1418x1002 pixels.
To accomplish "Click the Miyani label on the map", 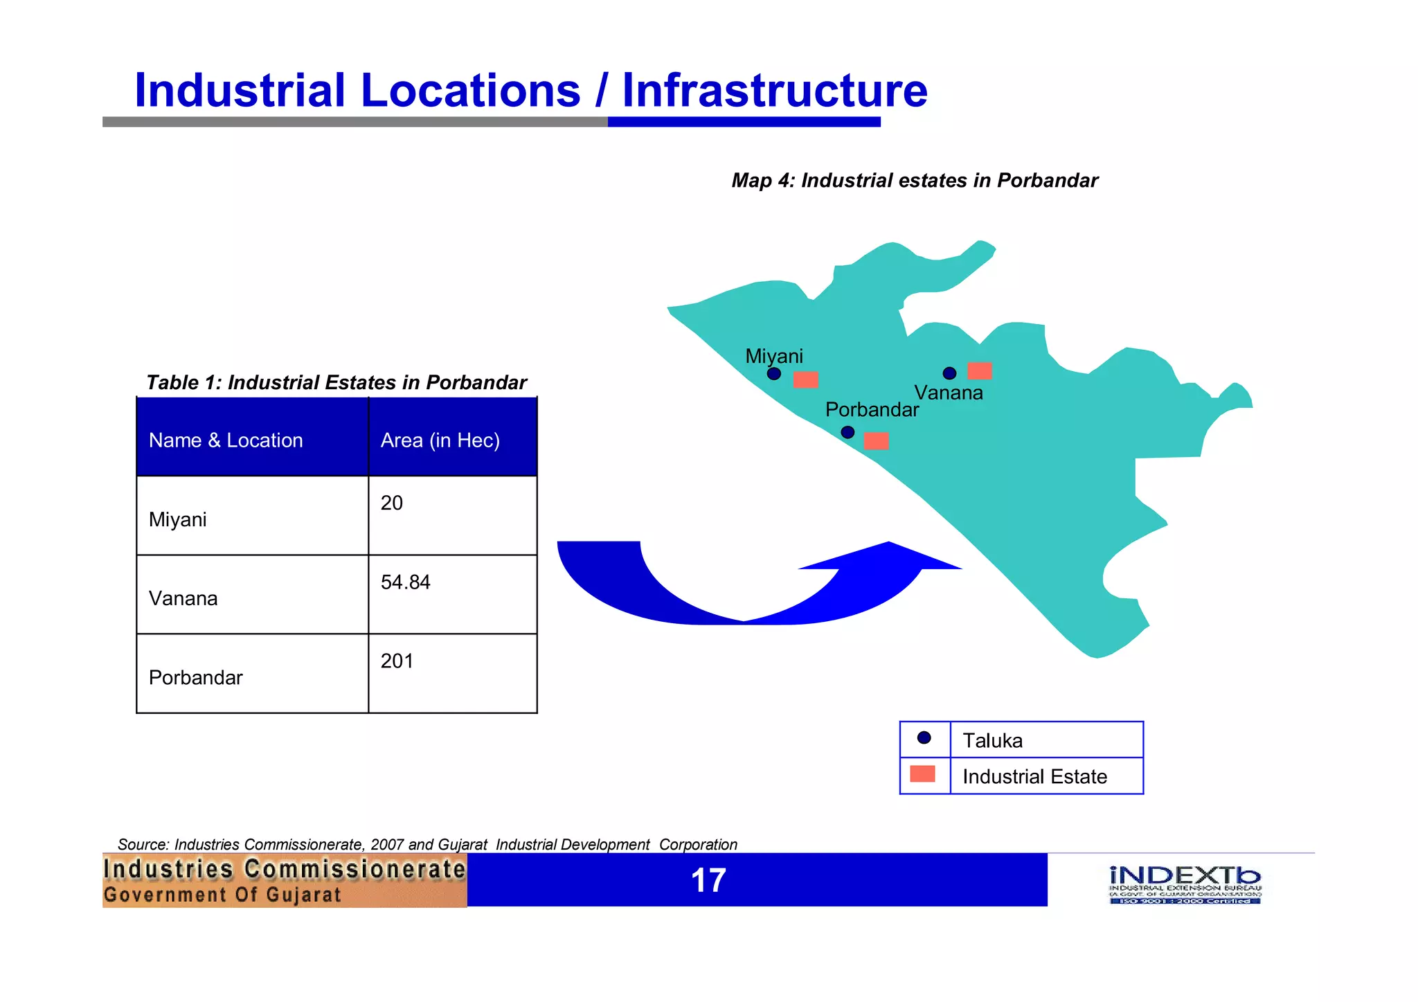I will (773, 356).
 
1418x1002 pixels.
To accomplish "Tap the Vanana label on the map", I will (948, 393).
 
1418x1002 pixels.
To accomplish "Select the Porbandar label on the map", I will (872, 409).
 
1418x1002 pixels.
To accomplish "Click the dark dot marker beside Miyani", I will (774, 374).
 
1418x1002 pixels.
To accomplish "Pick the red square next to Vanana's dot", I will (979, 371).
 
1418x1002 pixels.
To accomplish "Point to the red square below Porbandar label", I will (876, 441).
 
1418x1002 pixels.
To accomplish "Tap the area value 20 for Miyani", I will (391, 503).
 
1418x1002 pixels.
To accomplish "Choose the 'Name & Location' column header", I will (226, 440).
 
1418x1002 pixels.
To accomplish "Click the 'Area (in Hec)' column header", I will (440, 440).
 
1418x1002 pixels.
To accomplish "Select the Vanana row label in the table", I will (183, 598).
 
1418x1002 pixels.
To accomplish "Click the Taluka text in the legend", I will (992, 741).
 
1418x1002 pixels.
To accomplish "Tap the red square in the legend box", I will (922, 774).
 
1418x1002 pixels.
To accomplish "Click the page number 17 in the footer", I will (708, 881).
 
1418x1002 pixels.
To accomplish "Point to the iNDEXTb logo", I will (1185, 884).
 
